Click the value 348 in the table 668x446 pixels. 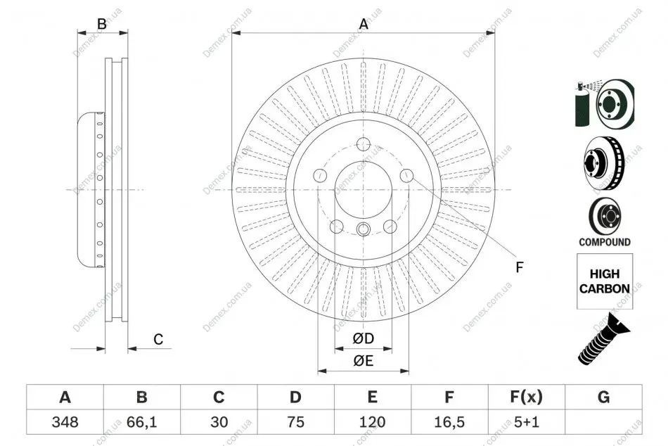pos(65,422)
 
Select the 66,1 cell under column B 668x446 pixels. pos(142,422)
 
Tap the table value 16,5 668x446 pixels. pos(449,422)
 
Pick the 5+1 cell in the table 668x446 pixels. pos(527,422)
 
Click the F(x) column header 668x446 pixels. pos(527,397)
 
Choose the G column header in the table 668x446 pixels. pos(603,397)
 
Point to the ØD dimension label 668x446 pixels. pos(363,338)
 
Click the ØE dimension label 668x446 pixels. pos(363,361)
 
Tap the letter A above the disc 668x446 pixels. pos(364,24)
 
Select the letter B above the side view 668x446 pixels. pos(102,24)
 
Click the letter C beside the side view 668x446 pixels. pos(158,339)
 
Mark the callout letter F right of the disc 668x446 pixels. pos(519,267)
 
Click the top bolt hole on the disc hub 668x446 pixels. pos(364,144)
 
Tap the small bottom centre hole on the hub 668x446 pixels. pos(363,229)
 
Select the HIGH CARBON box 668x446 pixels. pos(605,281)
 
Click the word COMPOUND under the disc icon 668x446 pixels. pos(605,242)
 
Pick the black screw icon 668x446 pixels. pos(603,339)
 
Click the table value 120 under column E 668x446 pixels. pos(373,422)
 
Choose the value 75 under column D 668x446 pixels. pos(295,422)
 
